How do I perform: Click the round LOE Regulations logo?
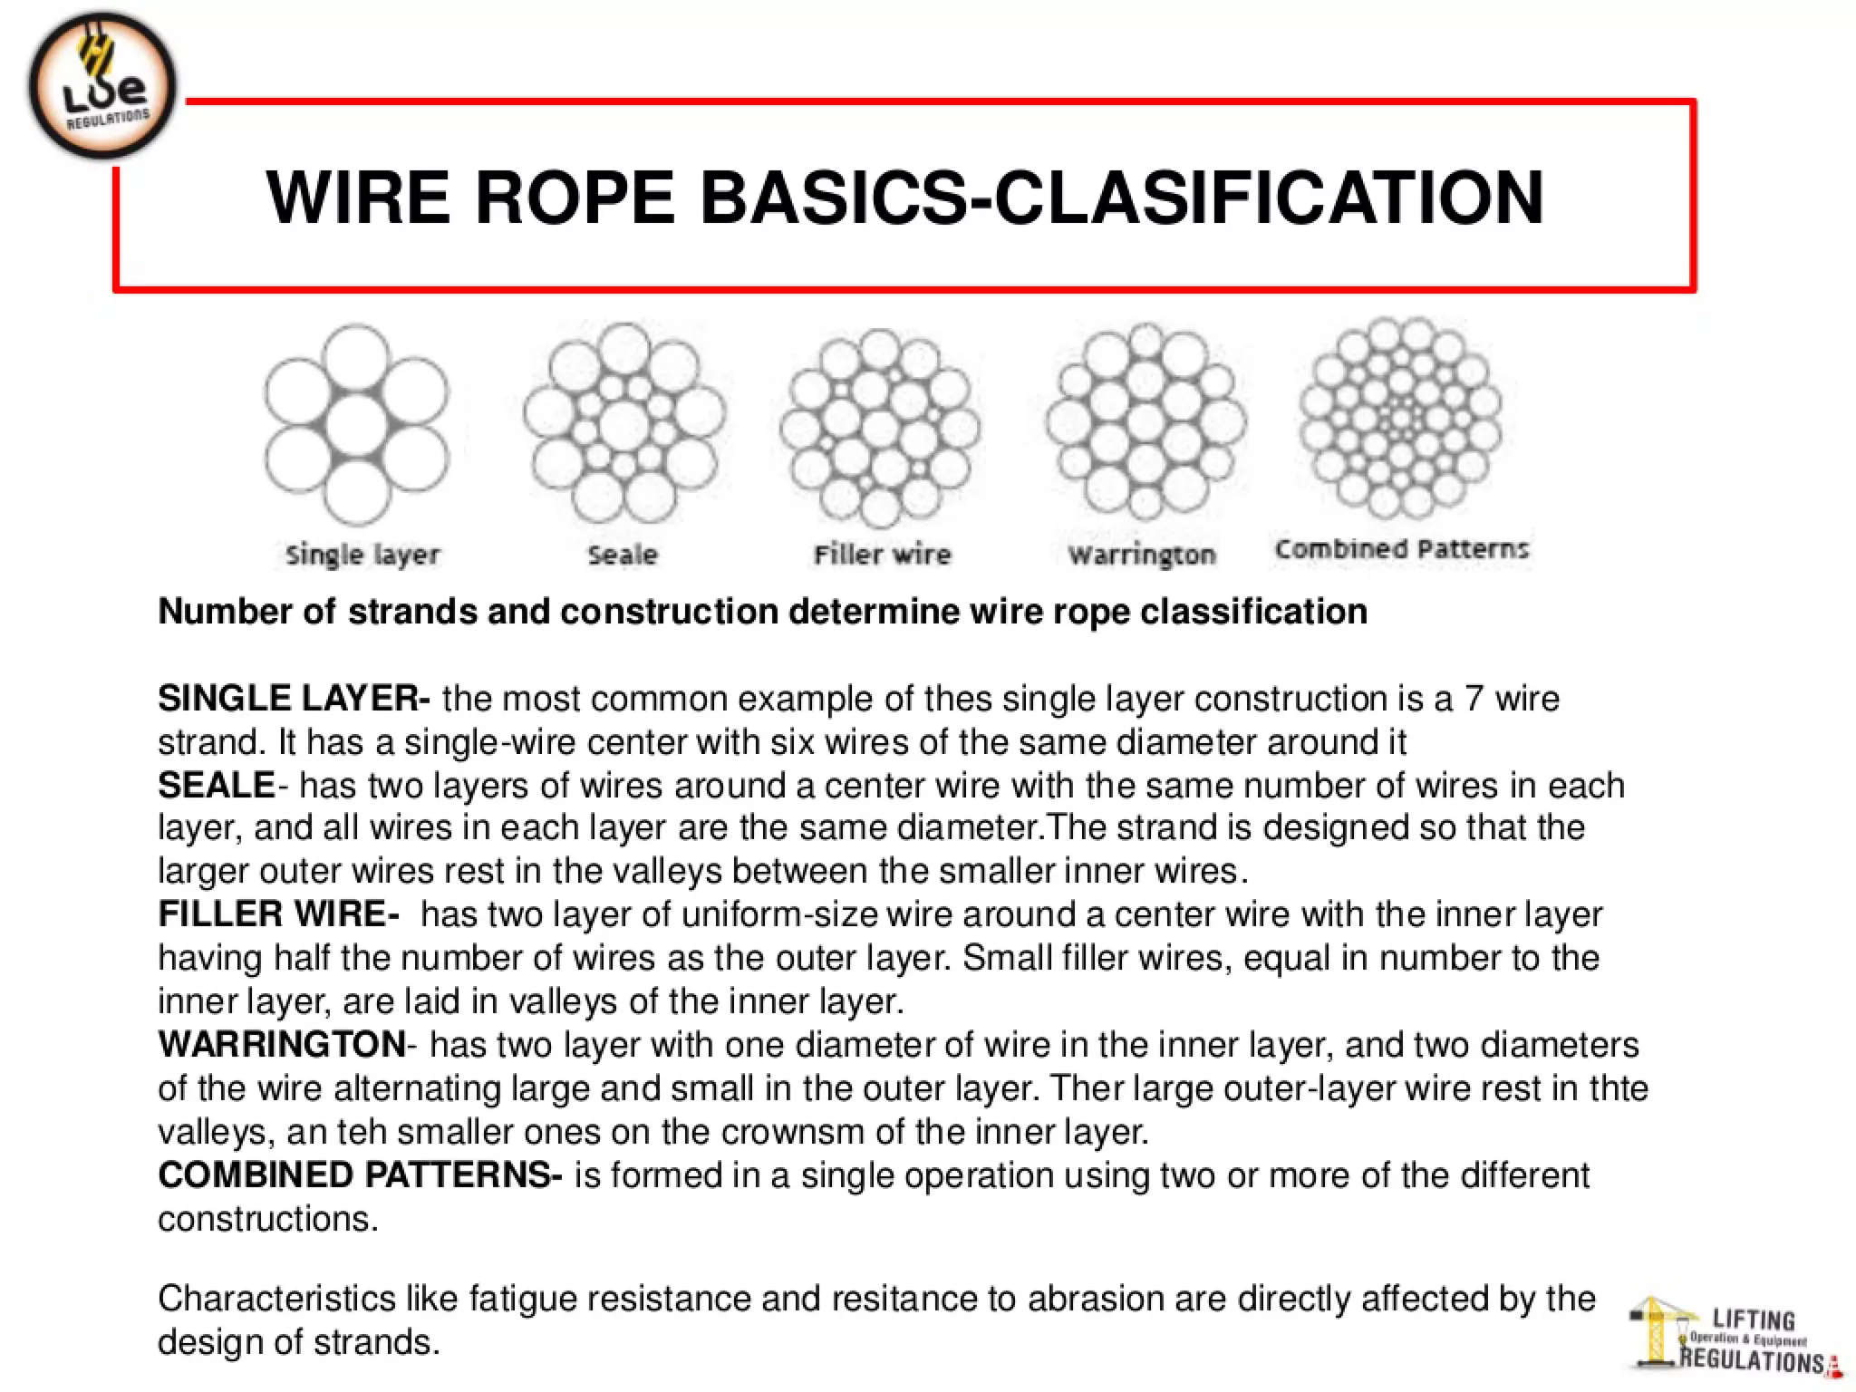tap(102, 87)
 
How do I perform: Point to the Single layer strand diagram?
tap(356, 424)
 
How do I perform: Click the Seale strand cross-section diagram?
tap(623, 424)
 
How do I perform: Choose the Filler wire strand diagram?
tap(880, 428)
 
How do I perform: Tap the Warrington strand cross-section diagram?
tap(1145, 422)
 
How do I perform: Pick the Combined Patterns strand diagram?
tap(1400, 419)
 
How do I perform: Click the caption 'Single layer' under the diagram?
tap(362, 555)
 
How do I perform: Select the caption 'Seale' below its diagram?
tap(623, 555)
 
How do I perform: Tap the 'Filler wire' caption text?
tap(882, 554)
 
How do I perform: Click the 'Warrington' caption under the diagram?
tap(1142, 555)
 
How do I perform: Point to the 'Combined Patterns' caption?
tap(1401, 549)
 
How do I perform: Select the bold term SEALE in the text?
tap(217, 786)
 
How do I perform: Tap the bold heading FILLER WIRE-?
tap(278, 914)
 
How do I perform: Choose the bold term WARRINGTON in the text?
tap(282, 1045)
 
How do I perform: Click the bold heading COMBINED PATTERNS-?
tap(360, 1175)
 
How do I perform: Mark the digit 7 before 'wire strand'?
tap(1474, 699)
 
